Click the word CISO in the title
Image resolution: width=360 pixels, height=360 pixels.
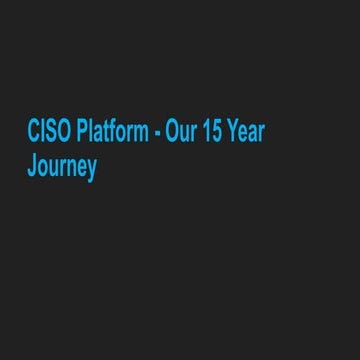49,133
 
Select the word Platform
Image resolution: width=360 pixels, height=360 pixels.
111,133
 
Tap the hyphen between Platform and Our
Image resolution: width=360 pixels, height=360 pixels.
157,135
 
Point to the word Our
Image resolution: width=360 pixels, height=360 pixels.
180,133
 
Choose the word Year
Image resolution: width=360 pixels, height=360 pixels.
246,133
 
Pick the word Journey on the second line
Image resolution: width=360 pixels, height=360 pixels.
61,166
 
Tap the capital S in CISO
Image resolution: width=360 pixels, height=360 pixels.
50,133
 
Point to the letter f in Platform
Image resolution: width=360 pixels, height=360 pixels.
115,133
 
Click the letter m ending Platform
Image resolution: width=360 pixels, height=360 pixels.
140,135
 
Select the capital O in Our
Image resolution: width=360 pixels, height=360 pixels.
171,133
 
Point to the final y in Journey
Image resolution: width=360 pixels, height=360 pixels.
91,169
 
